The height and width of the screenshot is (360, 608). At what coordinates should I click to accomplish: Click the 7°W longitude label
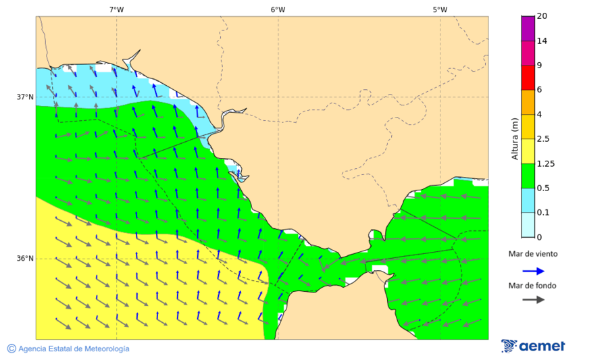pyautogui.click(x=116, y=9)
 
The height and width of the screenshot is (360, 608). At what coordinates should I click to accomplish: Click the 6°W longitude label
pyautogui.click(x=278, y=9)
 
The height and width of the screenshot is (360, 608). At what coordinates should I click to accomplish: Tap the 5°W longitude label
pyautogui.click(x=440, y=9)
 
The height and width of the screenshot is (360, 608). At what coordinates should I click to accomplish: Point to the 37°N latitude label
pyautogui.click(x=25, y=97)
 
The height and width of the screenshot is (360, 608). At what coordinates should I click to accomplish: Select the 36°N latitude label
pyautogui.click(x=25, y=259)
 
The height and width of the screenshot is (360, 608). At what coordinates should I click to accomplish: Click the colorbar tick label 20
pyautogui.click(x=542, y=16)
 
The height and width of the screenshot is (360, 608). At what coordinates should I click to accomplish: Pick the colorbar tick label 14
pyautogui.click(x=542, y=41)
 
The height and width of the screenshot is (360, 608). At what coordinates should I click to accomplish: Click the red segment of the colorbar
pyautogui.click(x=528, y=77)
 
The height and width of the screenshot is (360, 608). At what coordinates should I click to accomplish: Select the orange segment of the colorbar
pyautogui.click(x=528, y=102)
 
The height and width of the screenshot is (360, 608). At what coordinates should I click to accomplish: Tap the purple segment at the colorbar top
pyautogui.click(x=528, y=28)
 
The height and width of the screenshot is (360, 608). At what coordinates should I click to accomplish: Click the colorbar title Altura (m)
pyautogui.click(x=515, y=139)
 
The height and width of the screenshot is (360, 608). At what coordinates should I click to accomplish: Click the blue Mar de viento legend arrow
pyautogui.click(x=533, y=271)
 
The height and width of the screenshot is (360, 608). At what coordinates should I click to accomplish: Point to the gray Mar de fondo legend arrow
pyautogui.click(x=533, y=299)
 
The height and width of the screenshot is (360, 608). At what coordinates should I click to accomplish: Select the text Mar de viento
pyautogui.click(x=533, y=254)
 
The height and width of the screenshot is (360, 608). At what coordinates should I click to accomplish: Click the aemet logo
pyautogui.click(x=533, y=346)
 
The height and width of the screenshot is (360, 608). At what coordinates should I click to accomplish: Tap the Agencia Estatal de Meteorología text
pyautogui.click(x=74, y=349)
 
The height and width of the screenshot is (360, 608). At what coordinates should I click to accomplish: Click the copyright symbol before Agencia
pyautogui.click(x=11, y=349)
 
